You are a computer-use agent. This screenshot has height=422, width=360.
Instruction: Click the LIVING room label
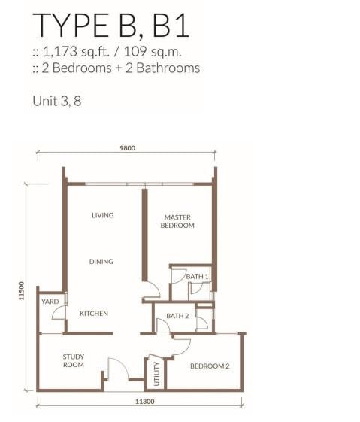(x=103, y=215)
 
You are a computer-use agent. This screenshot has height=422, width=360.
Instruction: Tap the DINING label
(x=101, y=262)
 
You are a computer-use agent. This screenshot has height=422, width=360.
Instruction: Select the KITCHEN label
(x=94, y=314)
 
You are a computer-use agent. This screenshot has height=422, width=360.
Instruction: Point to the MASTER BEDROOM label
(x=177, y=221)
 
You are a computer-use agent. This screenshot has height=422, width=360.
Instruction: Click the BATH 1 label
(x=197, y=276)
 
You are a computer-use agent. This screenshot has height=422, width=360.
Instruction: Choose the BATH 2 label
(x=177, y=316)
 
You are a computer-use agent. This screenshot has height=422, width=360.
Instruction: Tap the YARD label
(x=50, y=302)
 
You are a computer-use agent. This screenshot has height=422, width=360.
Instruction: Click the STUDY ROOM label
(x=74, y=361)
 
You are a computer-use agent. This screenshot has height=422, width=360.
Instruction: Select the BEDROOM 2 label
(x=210, y=366)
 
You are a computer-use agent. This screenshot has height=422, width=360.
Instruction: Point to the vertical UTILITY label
(x=156, y=374)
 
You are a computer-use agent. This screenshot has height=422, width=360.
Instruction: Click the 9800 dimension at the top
(x=128, y=148)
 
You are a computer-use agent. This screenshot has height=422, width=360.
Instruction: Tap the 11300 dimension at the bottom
(x=144, y=402)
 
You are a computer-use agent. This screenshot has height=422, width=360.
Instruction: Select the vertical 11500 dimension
(x=22, y=291)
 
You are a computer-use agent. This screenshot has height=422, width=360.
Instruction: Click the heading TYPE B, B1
(x=111, y=25)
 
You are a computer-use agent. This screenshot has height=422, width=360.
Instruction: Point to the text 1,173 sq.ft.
(x=76, y=51)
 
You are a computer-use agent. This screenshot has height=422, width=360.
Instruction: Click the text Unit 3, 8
(x=56, y=102)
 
